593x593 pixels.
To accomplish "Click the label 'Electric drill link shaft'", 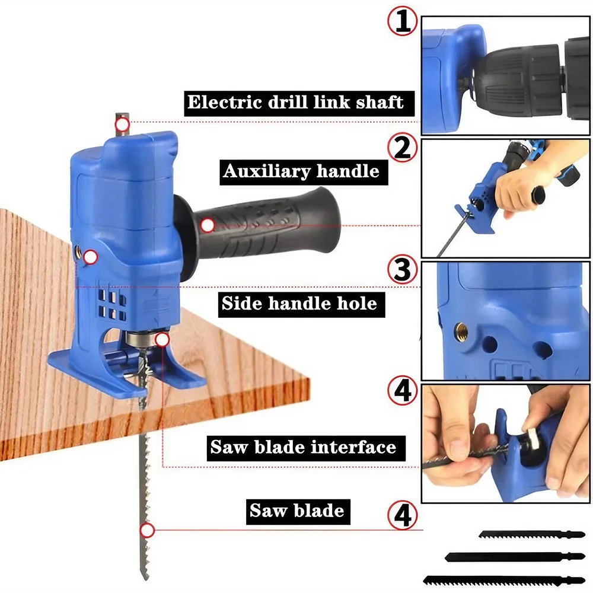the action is tap(295, 103).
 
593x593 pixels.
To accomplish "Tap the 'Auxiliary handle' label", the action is tap(301, 171).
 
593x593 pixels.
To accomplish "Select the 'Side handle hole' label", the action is tap(299, 303).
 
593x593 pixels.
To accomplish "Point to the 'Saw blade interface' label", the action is tap(303, 447).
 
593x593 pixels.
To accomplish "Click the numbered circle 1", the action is tap(403, 21).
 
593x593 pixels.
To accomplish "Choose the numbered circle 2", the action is tap(403, 148).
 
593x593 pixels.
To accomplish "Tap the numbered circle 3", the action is tap(403, 270).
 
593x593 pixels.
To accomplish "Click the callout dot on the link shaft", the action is tap(123, 124).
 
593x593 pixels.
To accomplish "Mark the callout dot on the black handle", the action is tap(208, 225).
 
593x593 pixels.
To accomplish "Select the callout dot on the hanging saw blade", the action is tap(147, 531).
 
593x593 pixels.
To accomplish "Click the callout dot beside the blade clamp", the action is tap(162, 340).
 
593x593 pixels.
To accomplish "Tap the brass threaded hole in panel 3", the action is tap(461, 332).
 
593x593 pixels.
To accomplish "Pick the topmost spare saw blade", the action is tap(532, 535).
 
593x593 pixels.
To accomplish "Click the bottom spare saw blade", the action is tap(504, 580).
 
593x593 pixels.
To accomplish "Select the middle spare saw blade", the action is tap(515, 557).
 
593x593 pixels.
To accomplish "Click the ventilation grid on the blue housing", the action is tap(112, 304).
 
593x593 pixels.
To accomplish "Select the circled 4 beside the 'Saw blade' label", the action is tap(403, 515).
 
